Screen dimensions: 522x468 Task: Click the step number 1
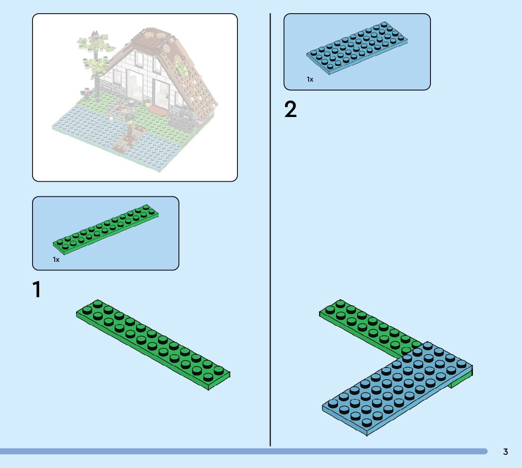36,290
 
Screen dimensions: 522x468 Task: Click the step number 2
291,110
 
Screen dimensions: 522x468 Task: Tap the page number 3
505,452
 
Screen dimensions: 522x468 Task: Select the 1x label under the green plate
56,259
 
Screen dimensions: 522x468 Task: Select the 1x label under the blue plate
310,79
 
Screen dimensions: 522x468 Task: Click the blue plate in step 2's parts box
357,48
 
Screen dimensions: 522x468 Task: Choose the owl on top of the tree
95,35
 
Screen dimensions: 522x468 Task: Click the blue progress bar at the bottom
236,451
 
